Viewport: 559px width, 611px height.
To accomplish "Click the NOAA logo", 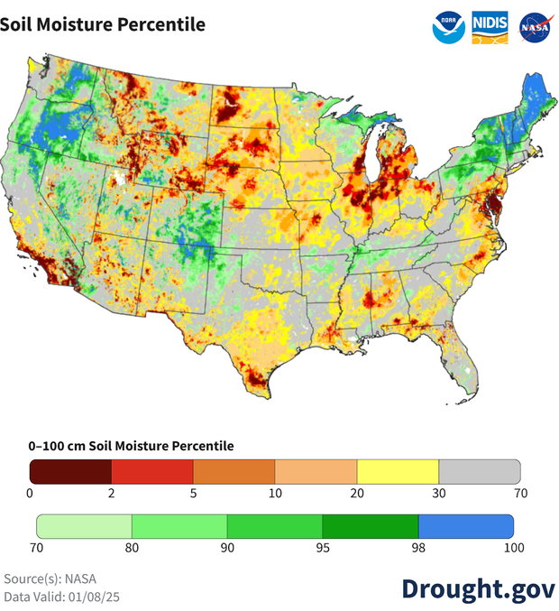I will [448, 26].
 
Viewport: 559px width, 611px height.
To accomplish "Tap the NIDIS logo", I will [490, 26].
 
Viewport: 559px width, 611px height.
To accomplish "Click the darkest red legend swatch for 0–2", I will [70, 471].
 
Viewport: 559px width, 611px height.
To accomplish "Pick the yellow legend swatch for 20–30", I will [398, 471].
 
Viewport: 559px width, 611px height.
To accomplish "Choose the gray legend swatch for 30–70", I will [480, 471].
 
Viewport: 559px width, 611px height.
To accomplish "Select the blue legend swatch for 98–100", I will [466, 526].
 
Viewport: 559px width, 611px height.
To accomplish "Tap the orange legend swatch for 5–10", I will [234, 471].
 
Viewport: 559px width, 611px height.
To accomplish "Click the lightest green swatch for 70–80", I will [84, 526].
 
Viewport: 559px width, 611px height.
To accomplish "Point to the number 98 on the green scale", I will [418, 548].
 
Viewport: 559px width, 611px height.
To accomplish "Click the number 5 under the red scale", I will [193, 493].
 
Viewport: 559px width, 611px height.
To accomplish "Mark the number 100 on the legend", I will [514, 548].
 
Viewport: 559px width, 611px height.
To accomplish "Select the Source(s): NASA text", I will [50, 579].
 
